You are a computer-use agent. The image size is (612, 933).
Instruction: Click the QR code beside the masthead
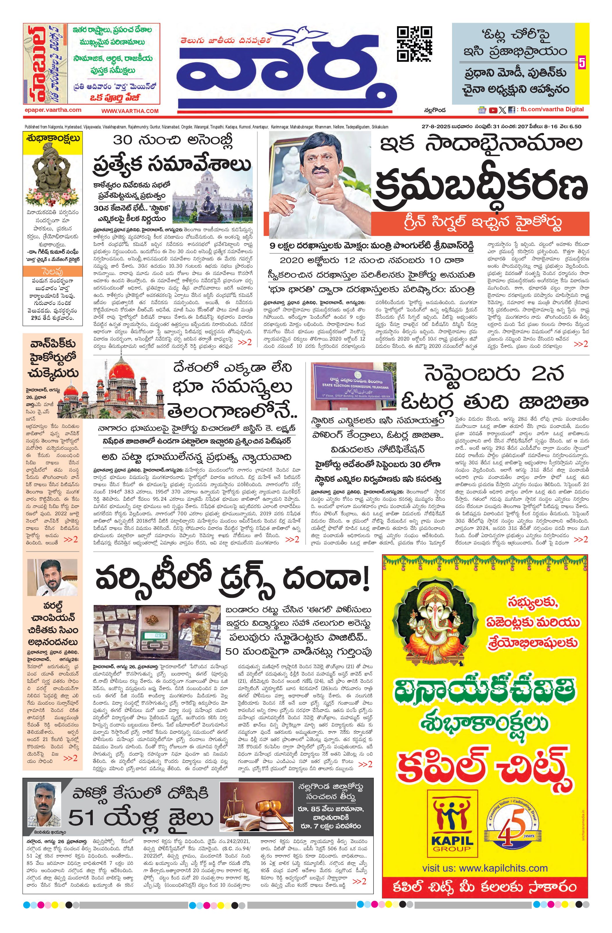415,44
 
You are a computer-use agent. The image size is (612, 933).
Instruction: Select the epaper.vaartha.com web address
52,110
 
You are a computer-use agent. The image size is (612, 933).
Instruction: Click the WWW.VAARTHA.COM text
130,111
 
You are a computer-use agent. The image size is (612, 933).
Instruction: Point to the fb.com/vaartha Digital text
552,110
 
